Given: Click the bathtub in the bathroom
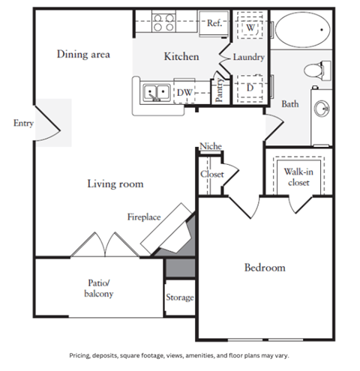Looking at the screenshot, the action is [x=302, y=30].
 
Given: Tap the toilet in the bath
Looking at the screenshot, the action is [x=317, y=70].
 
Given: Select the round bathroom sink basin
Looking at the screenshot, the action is [x=322, y=109].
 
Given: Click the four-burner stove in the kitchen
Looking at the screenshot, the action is [x=163, y=22].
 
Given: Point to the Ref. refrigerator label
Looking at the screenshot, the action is [x=214, y=23].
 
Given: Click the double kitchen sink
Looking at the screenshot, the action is [x=157, y=92].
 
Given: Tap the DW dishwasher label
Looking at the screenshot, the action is [x=184, y=93].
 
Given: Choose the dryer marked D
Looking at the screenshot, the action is [x=250, y=88].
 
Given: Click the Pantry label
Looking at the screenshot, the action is [x=219, y=90].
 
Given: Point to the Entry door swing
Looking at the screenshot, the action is [x=47, y=124].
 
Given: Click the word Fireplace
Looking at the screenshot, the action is [x=144, y=217].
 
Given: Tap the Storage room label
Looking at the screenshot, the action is [x=180, y=298].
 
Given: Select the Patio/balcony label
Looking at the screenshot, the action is [x=99, y=288].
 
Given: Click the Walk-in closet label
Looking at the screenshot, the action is [x=298, y=177].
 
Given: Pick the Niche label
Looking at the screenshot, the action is [x=211, y=146].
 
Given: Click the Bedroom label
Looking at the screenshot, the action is [x=265, y=268].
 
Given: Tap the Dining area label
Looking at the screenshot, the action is [x=83, y=54].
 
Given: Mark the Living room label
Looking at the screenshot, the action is [x=115, y=184].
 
